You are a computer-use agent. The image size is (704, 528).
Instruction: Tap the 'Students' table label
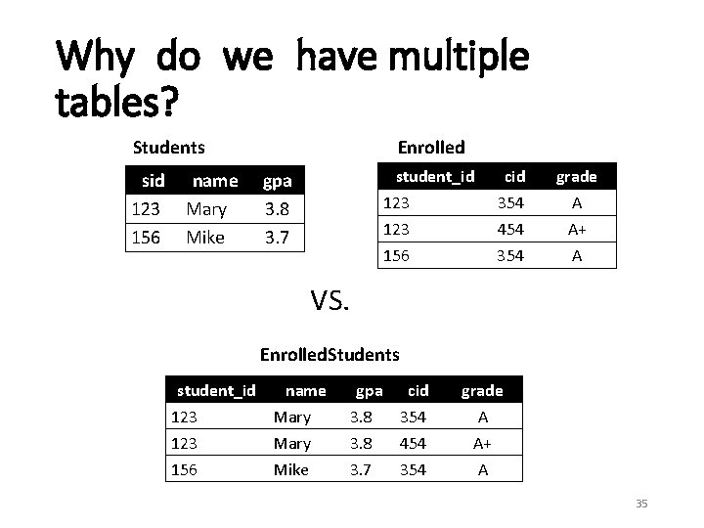tap(169, 148)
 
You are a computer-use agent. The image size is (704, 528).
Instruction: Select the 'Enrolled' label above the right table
tap(431, 147)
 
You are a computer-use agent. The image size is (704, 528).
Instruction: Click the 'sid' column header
tap(153, 181)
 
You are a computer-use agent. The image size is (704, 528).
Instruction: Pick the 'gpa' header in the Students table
tap(277, 181)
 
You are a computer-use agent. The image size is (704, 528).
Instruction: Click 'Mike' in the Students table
tap(205, 238)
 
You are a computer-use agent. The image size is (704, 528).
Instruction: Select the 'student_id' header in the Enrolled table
tap(434, 176)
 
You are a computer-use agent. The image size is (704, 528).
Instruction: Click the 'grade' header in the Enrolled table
tap(576, 177)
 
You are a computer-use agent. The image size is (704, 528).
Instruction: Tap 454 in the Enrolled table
tap(509, 229)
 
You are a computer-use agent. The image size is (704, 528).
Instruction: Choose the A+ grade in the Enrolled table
tap(576, 229)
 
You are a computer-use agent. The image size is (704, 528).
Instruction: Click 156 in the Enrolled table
tap(397, 255)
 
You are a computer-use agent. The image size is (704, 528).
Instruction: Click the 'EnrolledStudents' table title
tap(330, 353)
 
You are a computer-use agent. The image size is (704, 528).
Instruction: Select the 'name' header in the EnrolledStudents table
tap(305, 391)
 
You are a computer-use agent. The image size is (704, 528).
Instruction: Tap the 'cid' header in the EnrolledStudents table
tap(418, 391)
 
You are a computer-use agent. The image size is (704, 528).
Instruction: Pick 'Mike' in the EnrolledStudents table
tap(291, 470)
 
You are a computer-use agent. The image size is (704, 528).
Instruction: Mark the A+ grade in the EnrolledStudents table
tap(481, 444)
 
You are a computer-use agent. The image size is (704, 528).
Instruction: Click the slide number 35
tap(641, 504)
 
